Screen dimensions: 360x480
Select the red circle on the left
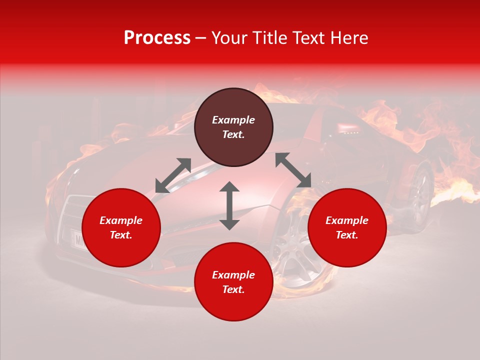pos(121,227)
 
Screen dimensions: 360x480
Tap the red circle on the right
pos(347,227)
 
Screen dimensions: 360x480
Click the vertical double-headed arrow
pos(229,205)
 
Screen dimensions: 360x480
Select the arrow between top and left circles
pos(173,175)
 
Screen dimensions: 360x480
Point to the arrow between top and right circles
pos(293,170)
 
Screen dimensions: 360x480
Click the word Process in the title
pos(157,37)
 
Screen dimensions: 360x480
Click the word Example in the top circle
pos(233,120)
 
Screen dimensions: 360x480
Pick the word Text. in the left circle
pos(121,235)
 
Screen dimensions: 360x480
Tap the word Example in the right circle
pos(347,220)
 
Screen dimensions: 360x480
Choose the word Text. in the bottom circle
pos(233,289)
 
